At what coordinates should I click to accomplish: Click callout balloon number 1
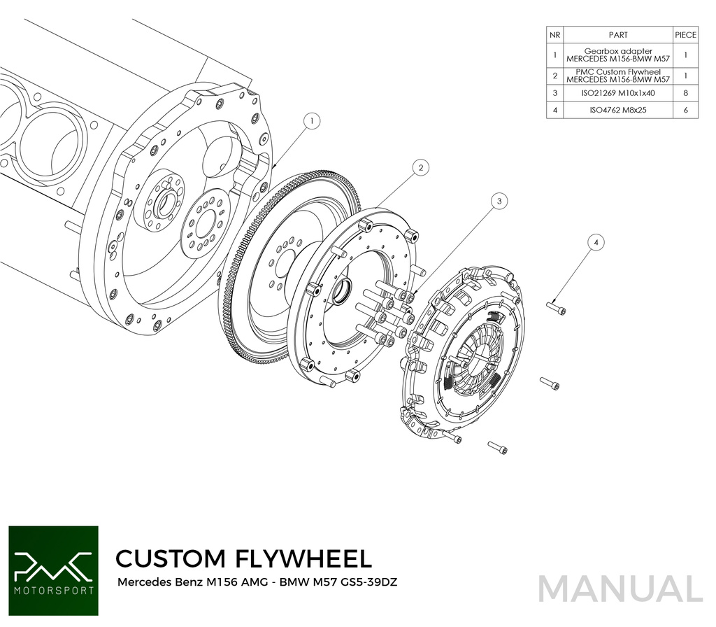pyautogui.click(x=313, y=121)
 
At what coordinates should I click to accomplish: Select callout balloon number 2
pyautogui.click(x=420, y=168)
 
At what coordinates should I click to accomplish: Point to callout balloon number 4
pyautogui.click(x=596, y=242)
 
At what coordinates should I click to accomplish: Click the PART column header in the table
pyautogui.click(x=618, y=34)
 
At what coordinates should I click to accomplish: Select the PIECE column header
pyautogui.click(x=685, y=34)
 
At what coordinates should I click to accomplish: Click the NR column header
pyautogui.click(x=554, y=34)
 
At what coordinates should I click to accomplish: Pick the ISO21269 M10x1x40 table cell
pyautogui.click(x=618, y=92)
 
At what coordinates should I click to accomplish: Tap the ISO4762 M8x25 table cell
pyautogui.click(x=618, y=111)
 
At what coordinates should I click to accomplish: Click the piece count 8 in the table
pyautogui.click(x=685, y=92)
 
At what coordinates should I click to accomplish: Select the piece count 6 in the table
pyautogui.click(x=685, y=111)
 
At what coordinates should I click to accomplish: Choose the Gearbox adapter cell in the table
pyautogui.click(x=618, y=55)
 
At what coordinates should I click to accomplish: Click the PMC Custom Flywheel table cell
pyautogui.click(x=618, y=75)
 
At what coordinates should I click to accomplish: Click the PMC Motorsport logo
pyautogui.click(x=53, y=570)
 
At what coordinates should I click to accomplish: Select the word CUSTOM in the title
pyautogui.click(x=171, y=558)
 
